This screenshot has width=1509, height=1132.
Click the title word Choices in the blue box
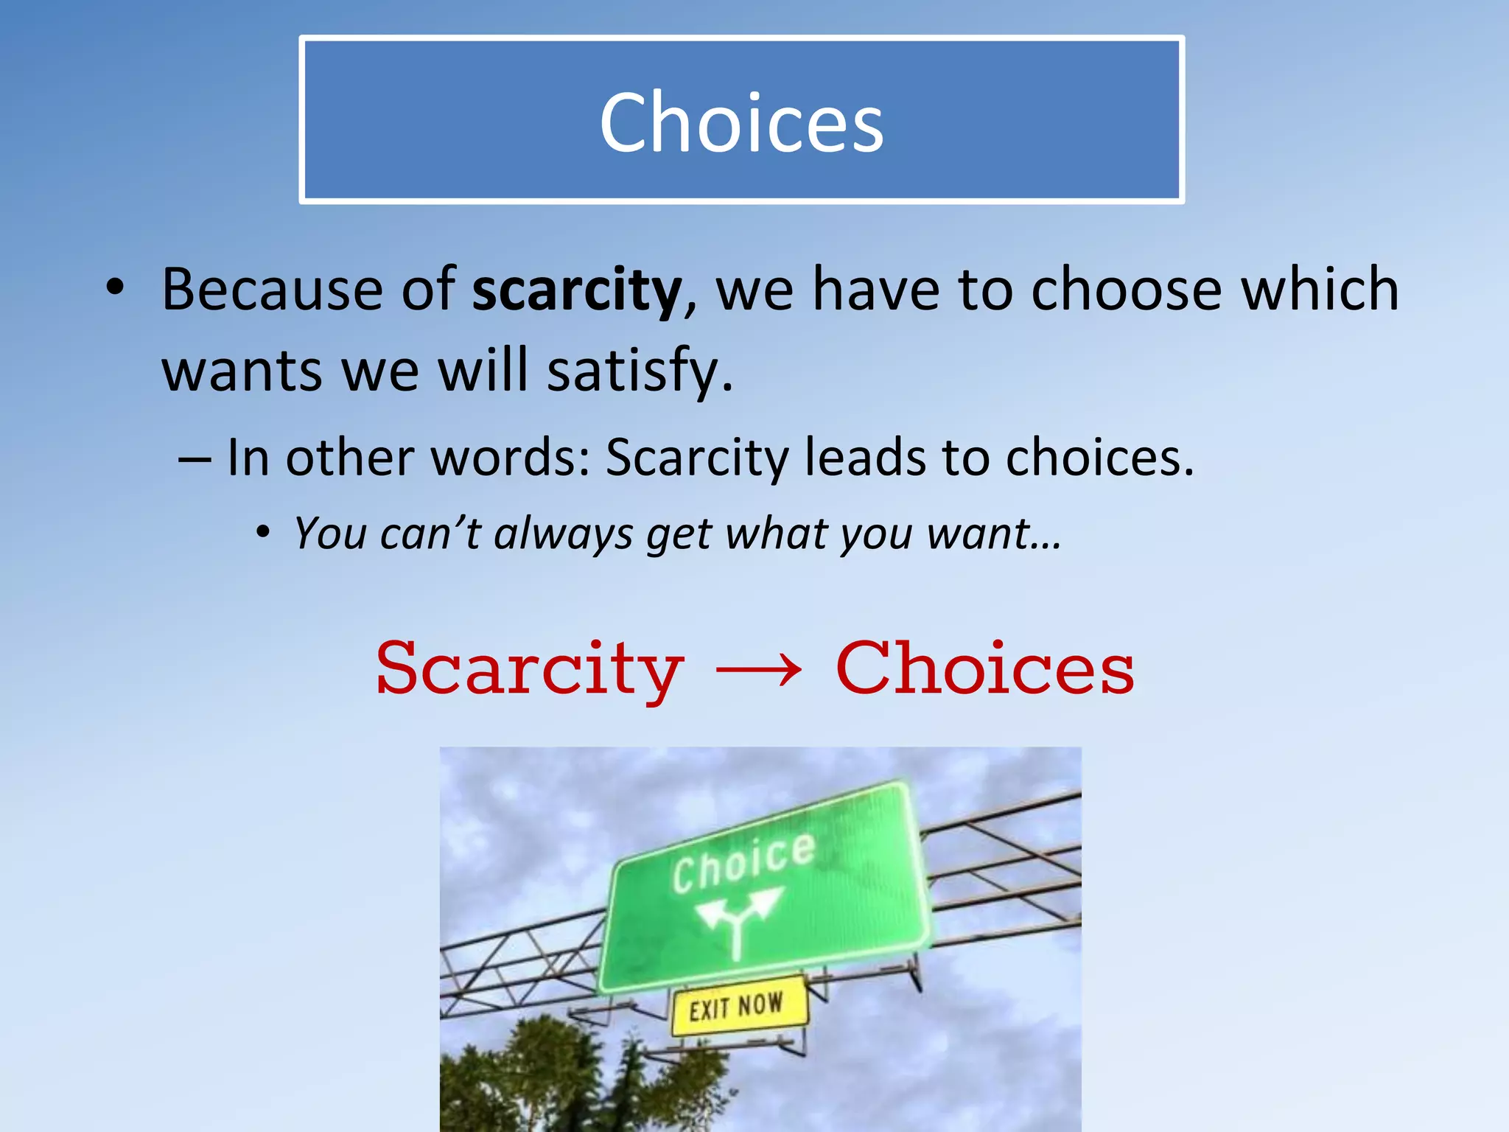click(741, 122)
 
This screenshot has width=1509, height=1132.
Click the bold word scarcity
click(577, 290)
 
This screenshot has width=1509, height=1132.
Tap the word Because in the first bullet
click(272, 289)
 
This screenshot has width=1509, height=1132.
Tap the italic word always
click(563, 533)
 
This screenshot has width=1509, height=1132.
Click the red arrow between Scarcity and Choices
click(759, 669)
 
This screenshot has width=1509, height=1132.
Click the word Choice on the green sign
click(743, 862)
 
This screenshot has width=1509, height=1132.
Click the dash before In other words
click(195, 458)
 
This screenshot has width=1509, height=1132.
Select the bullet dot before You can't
click(263, 532)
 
